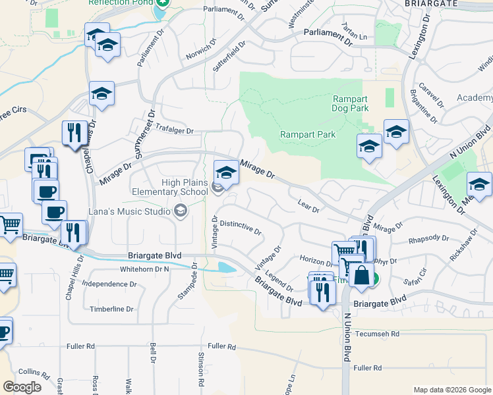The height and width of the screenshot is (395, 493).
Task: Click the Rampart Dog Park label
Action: coord(350,103)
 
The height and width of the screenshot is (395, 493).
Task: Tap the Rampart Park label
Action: coord(308,134)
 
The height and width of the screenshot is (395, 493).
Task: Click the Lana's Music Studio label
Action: coord(130,211)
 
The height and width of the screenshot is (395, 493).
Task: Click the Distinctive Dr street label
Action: coord(241,228)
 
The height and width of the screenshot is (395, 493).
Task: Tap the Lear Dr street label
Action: coord(308,207)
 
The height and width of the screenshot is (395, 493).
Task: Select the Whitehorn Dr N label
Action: coord(144,269)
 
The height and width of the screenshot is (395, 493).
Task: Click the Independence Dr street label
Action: coord(109,284)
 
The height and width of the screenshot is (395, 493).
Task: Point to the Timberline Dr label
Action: coord(111,309)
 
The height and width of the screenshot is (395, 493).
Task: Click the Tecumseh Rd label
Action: coord(377,334)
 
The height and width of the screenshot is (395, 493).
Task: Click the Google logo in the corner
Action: coord(22,386)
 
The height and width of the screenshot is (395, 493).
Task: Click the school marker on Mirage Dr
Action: coord(226,172)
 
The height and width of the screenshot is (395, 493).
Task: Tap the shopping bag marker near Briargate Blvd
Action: coord(362,274)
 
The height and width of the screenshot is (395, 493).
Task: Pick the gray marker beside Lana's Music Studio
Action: coord(179,211)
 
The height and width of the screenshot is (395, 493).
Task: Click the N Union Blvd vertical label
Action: coord(346,336)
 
